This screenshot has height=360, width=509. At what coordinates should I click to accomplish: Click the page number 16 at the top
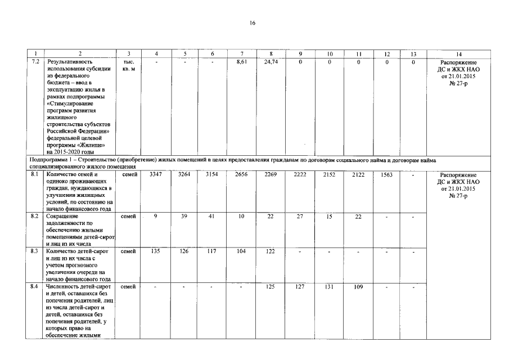[253, 23]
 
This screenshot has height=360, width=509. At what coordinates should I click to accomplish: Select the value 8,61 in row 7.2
[242, 61]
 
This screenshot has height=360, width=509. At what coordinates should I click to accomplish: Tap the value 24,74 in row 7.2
[271, 61]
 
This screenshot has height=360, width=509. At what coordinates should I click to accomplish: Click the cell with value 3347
[155, 175]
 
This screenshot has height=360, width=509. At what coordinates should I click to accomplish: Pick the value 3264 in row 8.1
[184, 175]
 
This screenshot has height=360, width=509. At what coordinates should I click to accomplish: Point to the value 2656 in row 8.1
[242, 175]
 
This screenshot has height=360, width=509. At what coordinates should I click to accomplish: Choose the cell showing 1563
[386, 175]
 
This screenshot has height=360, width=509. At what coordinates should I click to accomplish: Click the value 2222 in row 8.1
[300, 175]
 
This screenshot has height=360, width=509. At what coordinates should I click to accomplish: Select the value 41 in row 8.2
[212, 216]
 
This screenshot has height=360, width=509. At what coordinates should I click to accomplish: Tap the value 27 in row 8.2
[300, 216]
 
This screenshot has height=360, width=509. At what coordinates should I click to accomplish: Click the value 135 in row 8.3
[155, 251]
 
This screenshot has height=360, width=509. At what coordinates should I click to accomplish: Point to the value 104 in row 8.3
[242, 251]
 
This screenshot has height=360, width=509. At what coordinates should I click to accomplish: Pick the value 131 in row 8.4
[330, 287]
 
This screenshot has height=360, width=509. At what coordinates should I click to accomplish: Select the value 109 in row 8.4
[358, 287]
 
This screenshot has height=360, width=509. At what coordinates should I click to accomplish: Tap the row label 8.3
[35, 251]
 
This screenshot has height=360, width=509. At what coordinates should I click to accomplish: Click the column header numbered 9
[300, 54]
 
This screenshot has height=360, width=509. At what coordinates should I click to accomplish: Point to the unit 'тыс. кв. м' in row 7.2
[128, 65]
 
